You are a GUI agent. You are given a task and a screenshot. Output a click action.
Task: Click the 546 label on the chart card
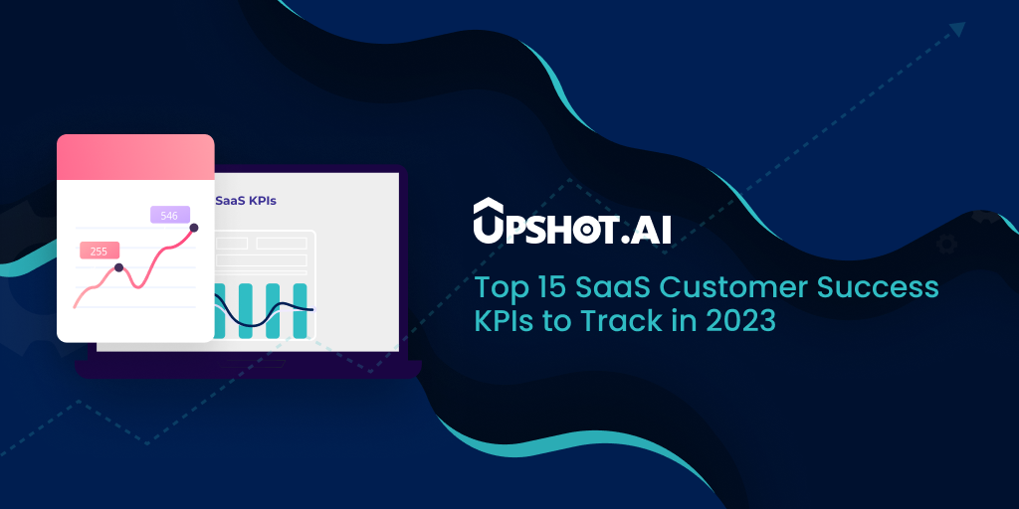click(x=170, y=215)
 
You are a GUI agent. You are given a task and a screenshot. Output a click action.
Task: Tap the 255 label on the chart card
click(x=100, y=251)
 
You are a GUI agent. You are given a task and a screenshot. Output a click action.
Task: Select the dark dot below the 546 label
click(x=193, y=228)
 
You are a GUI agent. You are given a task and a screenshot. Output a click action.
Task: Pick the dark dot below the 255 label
click(x=118, y=267)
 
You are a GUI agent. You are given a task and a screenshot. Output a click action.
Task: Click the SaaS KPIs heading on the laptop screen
click(x=246, y=201)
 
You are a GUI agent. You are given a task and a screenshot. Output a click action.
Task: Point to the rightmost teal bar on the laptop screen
click(x=300, y=310)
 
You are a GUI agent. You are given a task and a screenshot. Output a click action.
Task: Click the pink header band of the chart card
click(x=135, y=157)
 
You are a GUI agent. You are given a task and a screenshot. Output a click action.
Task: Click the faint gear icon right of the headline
click(x=946, y=245)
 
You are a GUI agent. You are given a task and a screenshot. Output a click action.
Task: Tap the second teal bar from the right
click(x=273, y=310)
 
